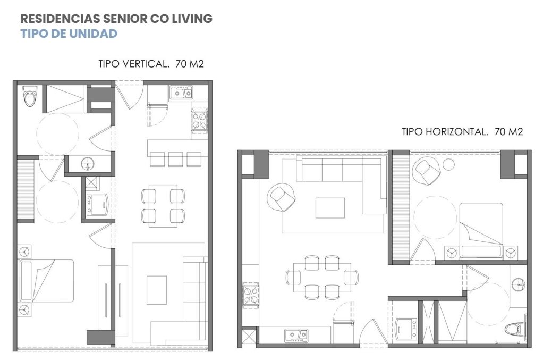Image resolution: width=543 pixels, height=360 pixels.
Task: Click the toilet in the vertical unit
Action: [x=29, y=96]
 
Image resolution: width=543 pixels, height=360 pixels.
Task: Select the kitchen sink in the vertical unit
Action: [x=181, y=93]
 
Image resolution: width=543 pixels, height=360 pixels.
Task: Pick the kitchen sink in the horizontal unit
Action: [x=296, y=335]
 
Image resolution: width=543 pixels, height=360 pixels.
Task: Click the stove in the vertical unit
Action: [x=199, y=120]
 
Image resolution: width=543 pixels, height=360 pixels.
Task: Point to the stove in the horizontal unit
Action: [x=250, y=295]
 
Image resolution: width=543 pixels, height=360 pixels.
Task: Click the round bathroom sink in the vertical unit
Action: [x=88, y=164]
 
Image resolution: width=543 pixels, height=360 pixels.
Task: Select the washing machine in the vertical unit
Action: [x=97, y=204]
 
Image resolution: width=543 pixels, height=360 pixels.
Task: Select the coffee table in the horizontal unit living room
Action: [x=329, y=208]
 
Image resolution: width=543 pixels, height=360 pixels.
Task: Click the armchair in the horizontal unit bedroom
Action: [x=427, y=170]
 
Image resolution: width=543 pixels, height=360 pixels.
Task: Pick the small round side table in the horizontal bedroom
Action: [x=448, y=165]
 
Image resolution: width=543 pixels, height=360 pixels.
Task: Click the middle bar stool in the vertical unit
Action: [x=175, y=159]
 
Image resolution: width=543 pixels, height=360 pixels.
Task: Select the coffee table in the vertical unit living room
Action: [x=157, y=290]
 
